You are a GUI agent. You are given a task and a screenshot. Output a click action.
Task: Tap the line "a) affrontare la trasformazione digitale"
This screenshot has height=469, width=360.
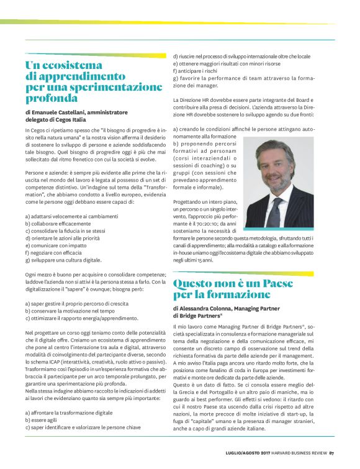(69, 412)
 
